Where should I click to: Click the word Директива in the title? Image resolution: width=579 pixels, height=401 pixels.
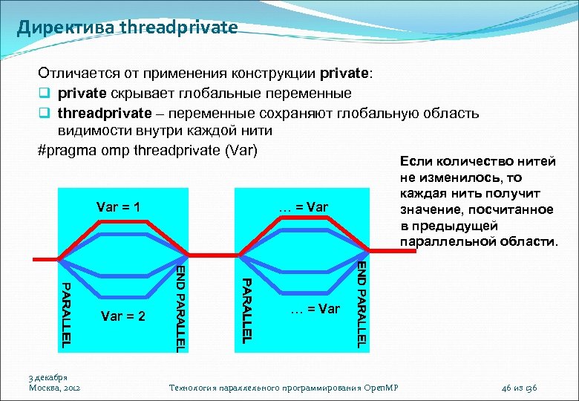[63, 27]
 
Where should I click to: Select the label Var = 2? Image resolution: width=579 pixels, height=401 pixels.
[122, 316]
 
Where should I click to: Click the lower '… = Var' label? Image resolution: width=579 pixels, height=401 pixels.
[315, 308]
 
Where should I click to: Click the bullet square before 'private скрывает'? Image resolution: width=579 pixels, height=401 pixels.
[43, 94]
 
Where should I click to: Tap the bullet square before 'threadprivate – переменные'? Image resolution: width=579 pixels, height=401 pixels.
[43, 113]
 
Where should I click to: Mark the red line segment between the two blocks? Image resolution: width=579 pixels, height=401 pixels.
[212, 258]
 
